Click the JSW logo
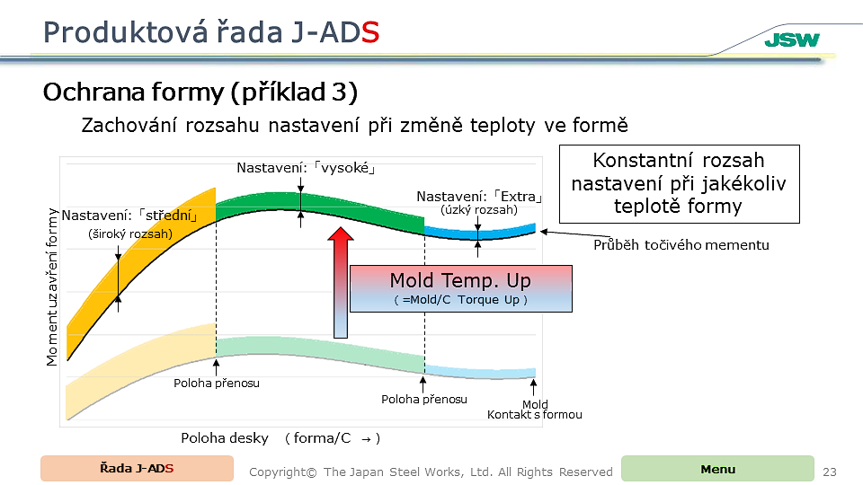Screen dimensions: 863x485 coord(792,40)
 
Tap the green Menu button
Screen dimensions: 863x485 coord(717,469)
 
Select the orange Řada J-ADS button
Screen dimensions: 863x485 coord(137,469)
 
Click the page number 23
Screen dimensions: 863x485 coord(830,472)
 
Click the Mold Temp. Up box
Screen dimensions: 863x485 coord(461,288)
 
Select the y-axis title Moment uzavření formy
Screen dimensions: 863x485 coord(52,287)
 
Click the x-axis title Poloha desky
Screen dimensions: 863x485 coord(225,438)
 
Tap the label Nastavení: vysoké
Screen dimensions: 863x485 coord(306,168)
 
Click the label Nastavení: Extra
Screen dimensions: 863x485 coord(479,197)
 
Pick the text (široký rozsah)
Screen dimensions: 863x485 coord(130,234)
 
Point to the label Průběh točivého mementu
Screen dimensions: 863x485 coord(681,244)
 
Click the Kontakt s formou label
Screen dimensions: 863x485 coord(534,415)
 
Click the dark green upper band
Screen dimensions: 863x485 coord(320,212)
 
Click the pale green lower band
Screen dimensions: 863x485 coord(320,353)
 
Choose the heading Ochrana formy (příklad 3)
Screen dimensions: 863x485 coord(200,93)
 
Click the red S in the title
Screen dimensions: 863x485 coord(370,32)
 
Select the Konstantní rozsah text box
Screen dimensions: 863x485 coord(680,183)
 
